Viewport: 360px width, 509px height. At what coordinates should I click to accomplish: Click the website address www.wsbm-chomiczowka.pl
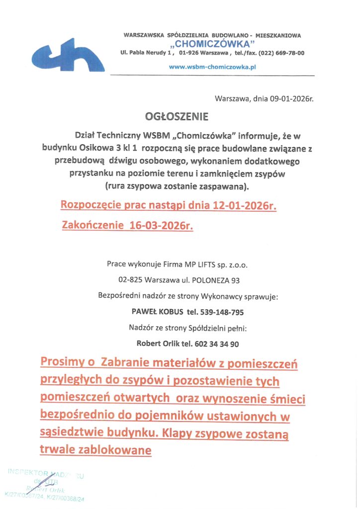(x=212, y=66)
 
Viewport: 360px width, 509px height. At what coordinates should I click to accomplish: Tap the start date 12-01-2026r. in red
(x=241, y=205)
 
